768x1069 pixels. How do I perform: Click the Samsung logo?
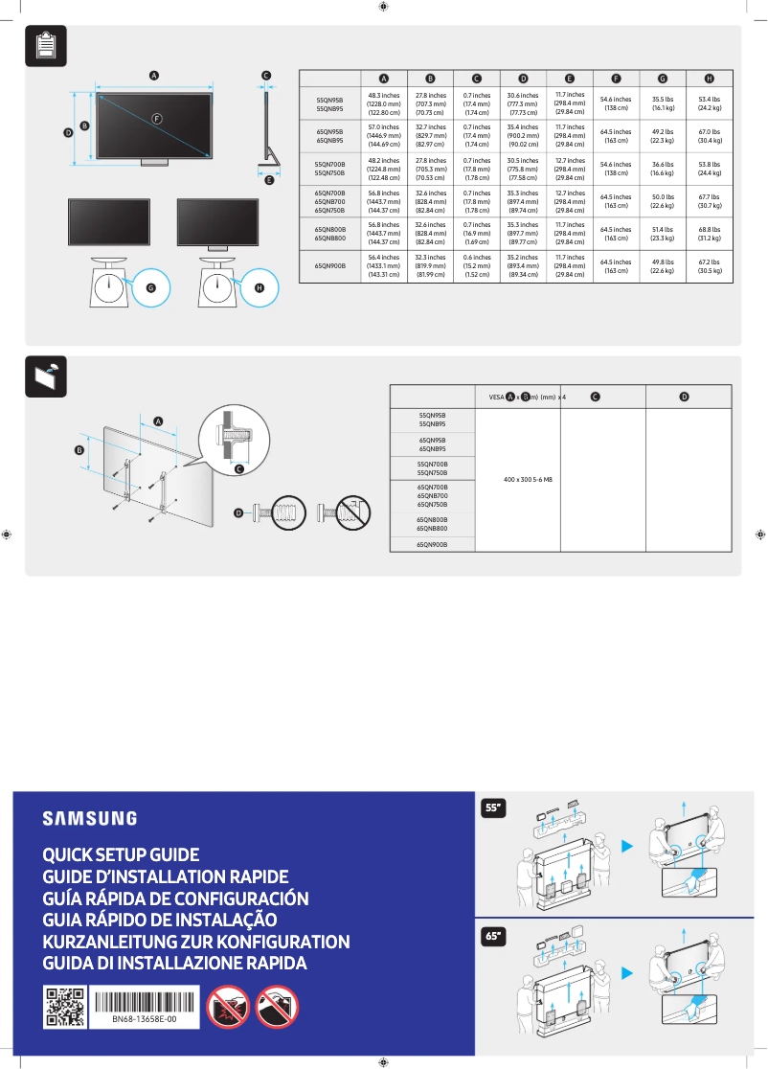(89, 818)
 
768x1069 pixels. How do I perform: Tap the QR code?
(65, 1007)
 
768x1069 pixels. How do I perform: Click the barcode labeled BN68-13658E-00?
(144, 1001)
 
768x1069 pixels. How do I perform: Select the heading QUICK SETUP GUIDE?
(121, 854)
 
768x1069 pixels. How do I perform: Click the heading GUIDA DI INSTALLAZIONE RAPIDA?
(174, 963)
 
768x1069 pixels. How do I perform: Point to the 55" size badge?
(493, 808)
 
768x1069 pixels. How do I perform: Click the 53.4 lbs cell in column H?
(709, 104)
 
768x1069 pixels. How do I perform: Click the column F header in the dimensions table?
(616, 79)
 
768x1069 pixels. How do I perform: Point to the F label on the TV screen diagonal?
(156, 118)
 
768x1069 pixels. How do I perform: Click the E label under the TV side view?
(269, 179)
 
